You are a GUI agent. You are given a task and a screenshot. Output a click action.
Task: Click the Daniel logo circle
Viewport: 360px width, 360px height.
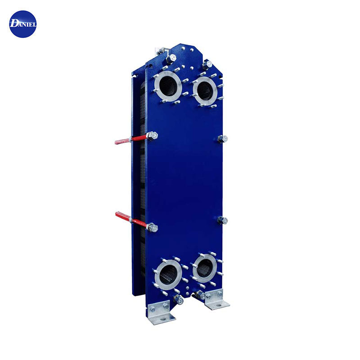coord(23,24)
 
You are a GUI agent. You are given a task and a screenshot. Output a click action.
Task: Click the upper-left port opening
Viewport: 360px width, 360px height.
coord(168,86)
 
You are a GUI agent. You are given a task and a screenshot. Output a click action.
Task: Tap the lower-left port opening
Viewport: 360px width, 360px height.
coord(168,275)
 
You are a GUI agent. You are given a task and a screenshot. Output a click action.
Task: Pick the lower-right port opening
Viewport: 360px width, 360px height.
coord(205,268)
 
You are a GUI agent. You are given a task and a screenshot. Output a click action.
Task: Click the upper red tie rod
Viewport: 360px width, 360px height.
coord(130,139)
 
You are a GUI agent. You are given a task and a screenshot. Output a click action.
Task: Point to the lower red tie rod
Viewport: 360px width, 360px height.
coord(131,219)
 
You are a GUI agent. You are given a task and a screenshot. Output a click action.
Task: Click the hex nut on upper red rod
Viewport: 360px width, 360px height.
coord(152,136)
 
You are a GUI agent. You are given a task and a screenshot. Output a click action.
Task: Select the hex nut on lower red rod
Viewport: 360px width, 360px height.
coord(152,228)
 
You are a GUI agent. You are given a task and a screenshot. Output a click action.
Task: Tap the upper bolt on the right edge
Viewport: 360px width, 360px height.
coord(222,139)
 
